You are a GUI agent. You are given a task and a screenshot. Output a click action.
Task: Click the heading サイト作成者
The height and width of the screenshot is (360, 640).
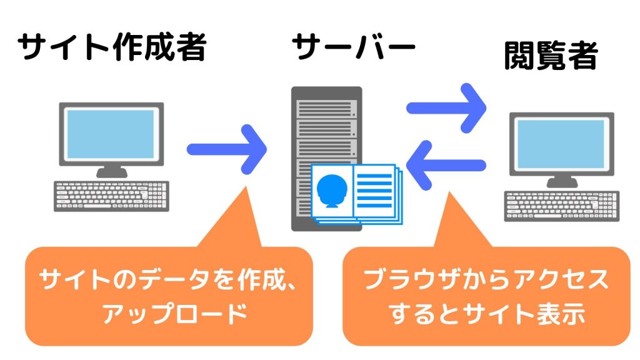(x=112, y=46)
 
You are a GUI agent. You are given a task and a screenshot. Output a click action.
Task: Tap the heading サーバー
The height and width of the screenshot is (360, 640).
(x=354, y=46)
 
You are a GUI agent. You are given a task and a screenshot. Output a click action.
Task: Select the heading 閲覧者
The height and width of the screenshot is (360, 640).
(x=551, y=56)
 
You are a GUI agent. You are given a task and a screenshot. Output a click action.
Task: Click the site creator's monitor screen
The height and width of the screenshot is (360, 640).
(x=111, y=134)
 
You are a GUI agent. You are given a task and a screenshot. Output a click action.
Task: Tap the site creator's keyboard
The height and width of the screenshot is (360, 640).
(x=111, y=196)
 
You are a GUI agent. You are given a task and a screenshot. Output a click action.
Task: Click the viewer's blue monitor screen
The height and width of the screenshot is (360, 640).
(x=561, y=144)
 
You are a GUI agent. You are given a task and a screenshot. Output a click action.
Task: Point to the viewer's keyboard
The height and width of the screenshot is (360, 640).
(x=562, y=206)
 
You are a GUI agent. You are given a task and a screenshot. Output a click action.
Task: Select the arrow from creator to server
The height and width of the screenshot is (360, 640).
(x=227, y=149)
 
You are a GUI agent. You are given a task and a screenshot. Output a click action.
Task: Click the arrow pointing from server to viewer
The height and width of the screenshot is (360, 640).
(x=446, y=108)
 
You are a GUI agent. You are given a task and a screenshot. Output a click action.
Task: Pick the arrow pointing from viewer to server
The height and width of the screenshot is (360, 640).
(x=446, y=165)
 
